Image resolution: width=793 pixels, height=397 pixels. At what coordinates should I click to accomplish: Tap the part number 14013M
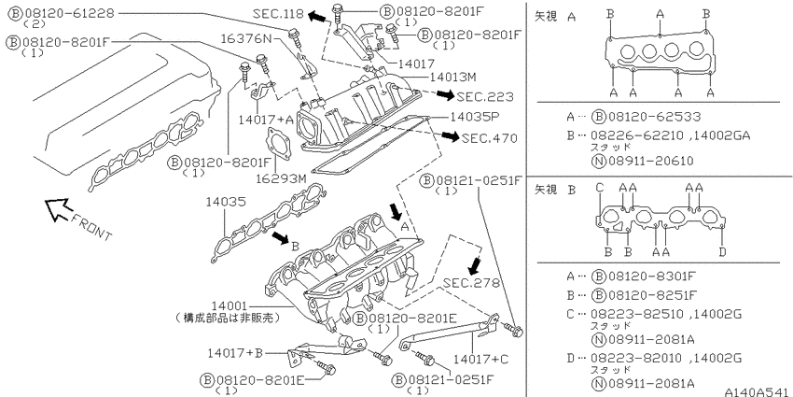452,78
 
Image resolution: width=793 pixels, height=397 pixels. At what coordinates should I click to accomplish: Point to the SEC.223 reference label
484,97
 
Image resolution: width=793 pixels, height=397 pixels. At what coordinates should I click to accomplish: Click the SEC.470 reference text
490,137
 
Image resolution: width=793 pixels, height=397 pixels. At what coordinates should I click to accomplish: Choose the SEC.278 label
471,283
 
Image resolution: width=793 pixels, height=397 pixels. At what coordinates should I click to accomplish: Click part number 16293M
281,178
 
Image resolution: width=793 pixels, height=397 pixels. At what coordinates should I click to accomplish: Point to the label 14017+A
266,120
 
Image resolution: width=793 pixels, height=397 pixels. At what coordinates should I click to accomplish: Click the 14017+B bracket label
235,353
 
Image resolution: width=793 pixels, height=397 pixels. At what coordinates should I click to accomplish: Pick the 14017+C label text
480,360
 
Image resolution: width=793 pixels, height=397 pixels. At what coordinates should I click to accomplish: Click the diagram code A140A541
758,392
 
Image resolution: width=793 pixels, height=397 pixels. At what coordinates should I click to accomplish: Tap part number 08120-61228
69,13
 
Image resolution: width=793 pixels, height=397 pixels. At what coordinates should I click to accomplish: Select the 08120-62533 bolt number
654,117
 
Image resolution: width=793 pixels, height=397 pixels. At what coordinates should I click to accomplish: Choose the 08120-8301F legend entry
652,276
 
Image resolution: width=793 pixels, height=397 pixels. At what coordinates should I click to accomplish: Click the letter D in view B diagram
723,251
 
